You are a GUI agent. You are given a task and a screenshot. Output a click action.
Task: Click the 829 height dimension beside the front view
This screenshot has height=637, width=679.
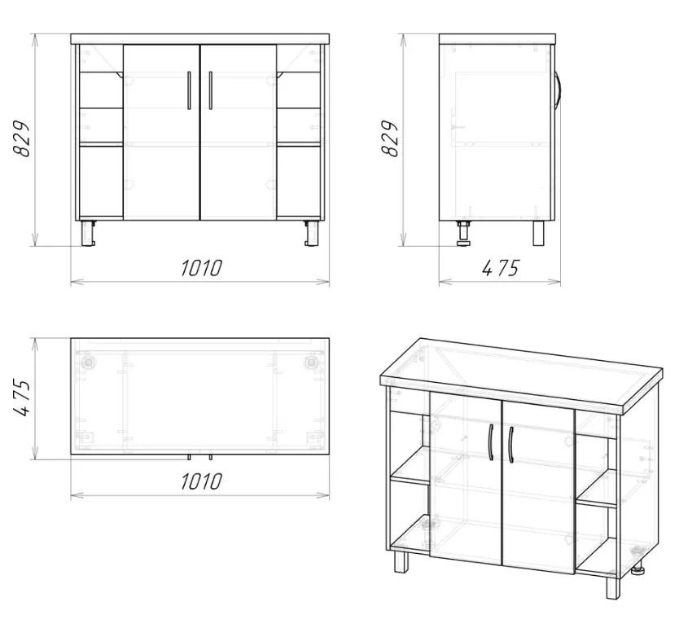[22, 138]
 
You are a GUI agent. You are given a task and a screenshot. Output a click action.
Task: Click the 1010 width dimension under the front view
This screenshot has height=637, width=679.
[201, 268]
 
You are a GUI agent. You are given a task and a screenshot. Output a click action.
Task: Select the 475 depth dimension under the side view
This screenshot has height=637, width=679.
[500, 268]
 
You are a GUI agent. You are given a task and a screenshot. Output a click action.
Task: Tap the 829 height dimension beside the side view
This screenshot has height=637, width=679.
[389, 138]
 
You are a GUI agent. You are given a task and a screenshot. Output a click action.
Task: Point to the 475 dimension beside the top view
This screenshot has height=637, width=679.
[22, 398]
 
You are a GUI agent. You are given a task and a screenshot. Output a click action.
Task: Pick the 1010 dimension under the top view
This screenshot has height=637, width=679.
[201, 481]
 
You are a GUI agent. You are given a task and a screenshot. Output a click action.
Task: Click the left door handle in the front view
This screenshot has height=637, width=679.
[189, 90]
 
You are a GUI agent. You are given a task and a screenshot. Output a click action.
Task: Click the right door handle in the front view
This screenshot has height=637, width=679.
[211, 90]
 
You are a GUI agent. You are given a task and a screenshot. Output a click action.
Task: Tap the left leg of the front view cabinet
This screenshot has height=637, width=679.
[88, 233]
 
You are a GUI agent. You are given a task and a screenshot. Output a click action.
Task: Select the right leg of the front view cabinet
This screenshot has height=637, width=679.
[312, 233]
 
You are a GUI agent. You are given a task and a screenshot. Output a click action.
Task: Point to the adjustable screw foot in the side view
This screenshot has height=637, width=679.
[464, 234]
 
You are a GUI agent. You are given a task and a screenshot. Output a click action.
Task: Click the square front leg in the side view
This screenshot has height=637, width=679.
[538, 233]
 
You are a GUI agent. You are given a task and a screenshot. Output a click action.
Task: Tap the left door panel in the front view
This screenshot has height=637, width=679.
[161, 132]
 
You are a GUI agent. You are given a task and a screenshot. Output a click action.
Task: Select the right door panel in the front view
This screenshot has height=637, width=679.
[239, 132]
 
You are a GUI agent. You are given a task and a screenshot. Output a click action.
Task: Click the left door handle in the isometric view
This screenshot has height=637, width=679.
[491, 442]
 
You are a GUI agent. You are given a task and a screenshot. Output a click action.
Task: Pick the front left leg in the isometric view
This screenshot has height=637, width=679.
[401, 562]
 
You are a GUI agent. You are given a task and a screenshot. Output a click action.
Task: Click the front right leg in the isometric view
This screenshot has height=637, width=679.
[613, 587]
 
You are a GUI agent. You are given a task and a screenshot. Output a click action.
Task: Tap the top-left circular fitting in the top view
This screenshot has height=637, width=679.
[89, 362]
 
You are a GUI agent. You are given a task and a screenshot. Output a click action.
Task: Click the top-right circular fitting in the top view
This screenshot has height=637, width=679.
[311, 362]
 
